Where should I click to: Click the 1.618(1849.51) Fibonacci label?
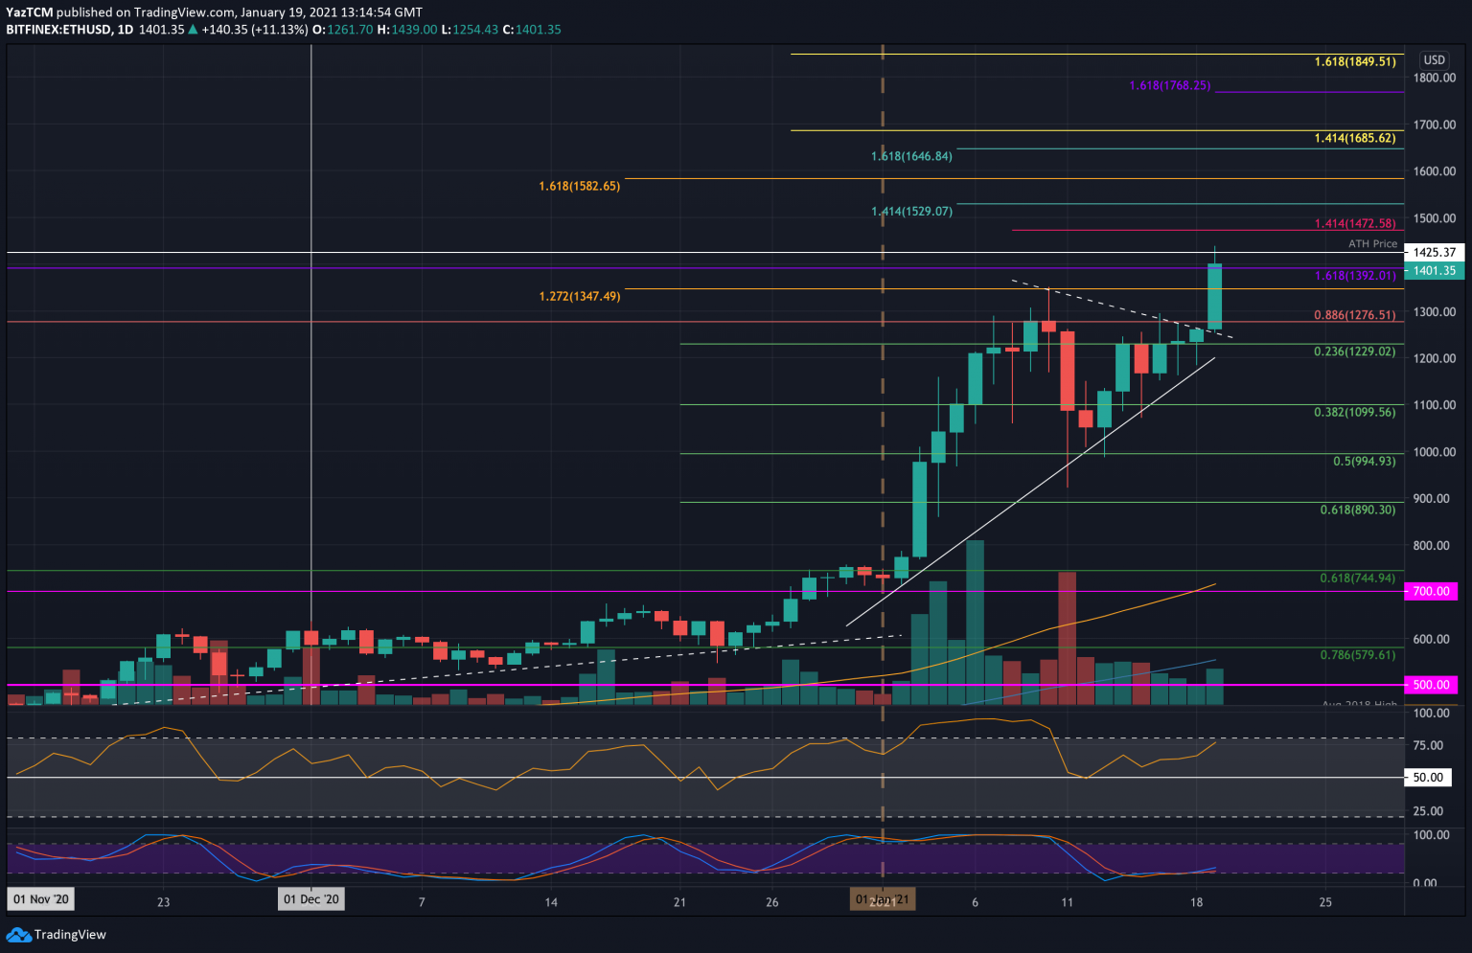coord(1354,61)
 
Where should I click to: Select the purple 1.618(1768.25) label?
coord(1169,85)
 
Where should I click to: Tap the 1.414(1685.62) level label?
coord(1354,138)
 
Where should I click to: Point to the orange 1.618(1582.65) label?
coord(579,186)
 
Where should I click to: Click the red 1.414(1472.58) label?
coord(1354,223)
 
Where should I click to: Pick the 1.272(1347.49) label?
coord(579,296)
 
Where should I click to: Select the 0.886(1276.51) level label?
coord(1354,314)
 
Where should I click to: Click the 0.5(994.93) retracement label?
coord(1364,461)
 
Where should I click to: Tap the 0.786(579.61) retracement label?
coord(1357,654)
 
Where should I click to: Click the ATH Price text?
coord(1372,243)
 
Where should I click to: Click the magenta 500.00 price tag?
coord(1431,685)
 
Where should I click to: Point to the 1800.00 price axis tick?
coord(1435,78)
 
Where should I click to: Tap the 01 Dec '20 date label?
coord(311,899)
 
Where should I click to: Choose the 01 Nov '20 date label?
coord(40,899)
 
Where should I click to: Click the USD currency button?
coord(1434,59)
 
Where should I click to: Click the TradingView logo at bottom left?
coord(57,934)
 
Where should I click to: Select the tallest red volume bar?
coord(1067,638)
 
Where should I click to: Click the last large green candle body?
coord(1214,297)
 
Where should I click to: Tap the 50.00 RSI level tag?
coord(1428,778)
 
